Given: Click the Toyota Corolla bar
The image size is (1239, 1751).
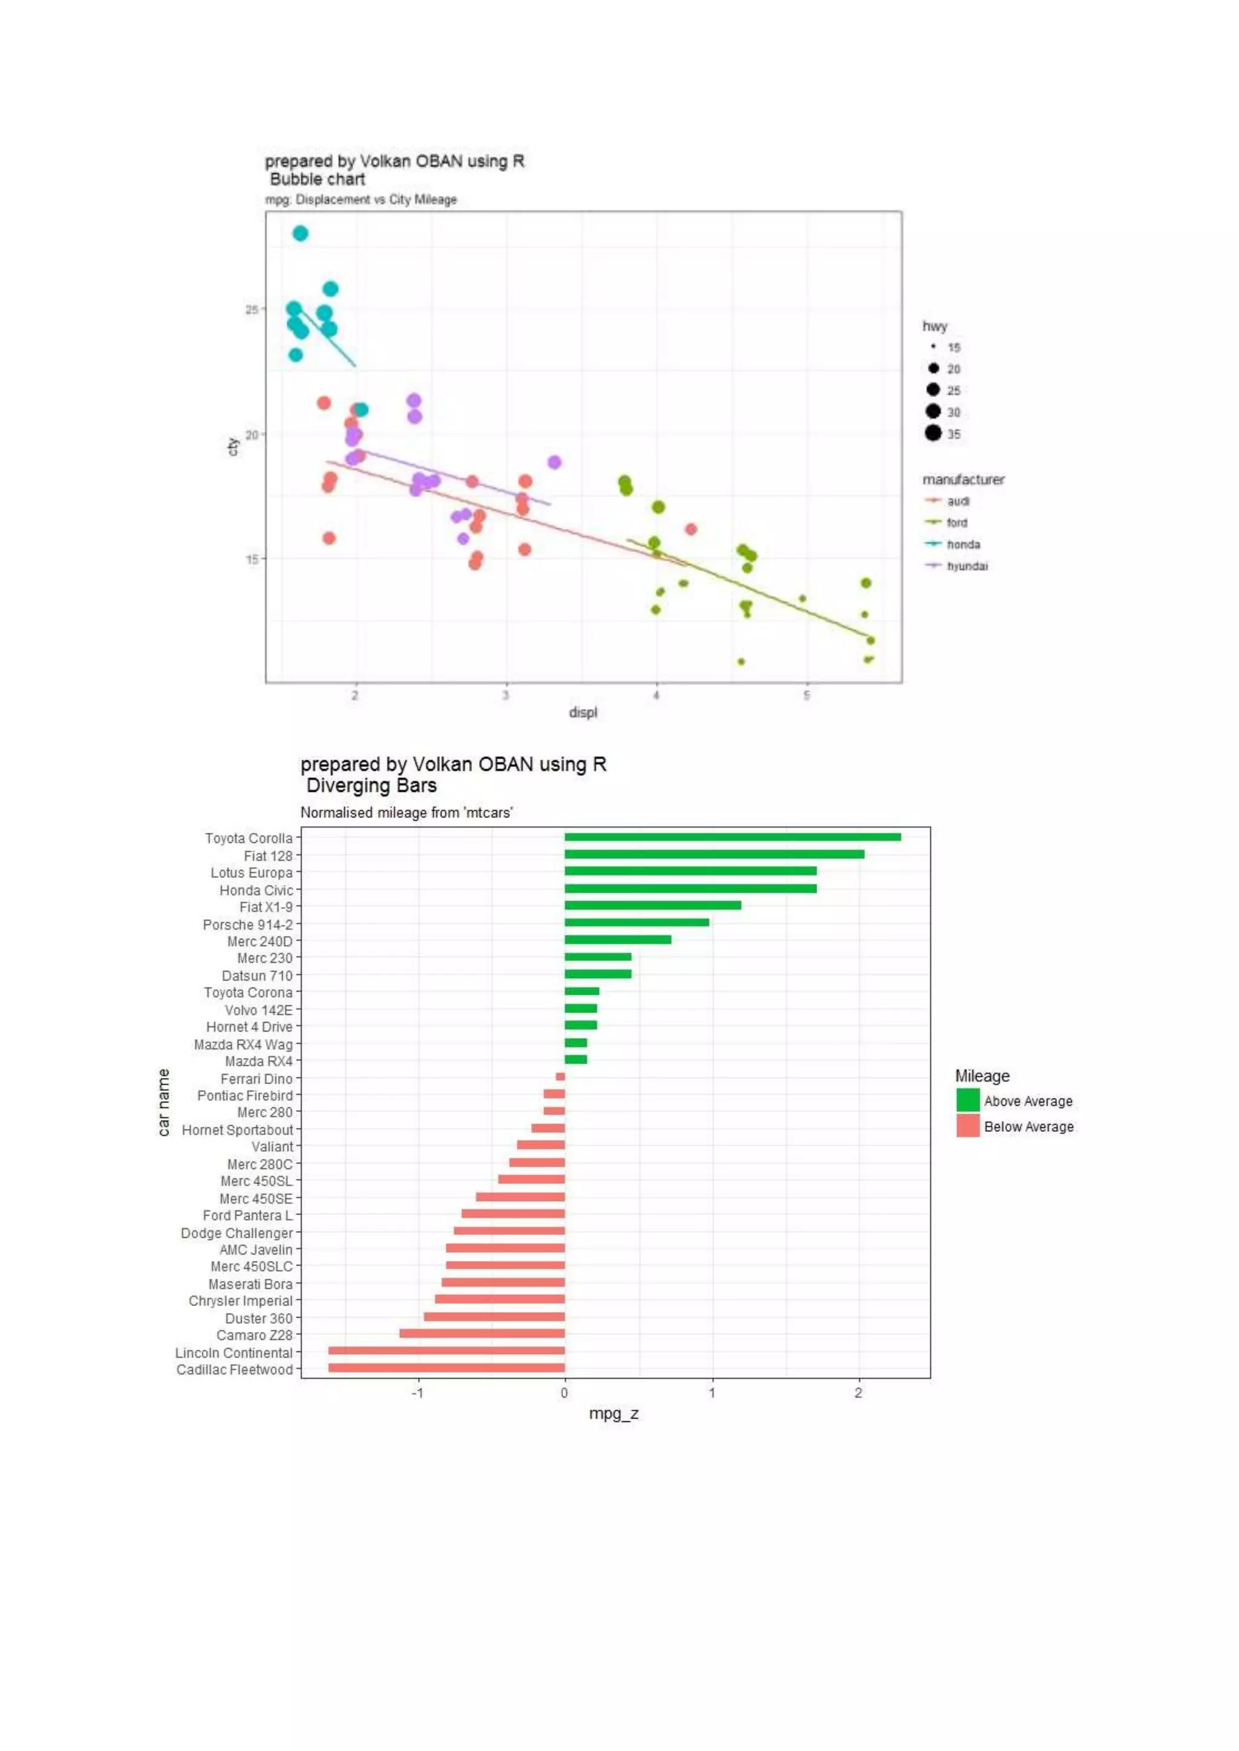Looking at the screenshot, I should [x=733, y=837].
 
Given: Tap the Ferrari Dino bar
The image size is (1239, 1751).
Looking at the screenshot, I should [x=561, y=1077].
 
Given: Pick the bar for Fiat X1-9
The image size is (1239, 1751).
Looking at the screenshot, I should [x=652, y=905].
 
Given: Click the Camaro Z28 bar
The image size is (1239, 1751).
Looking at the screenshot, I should [x=482, y=1334].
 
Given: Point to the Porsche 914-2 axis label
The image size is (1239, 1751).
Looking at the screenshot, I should [x=247, y=924].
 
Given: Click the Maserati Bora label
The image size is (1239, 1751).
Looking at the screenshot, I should [x=250, y=1284].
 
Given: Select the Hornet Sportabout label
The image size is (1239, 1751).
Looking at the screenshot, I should [x=237, y=1129].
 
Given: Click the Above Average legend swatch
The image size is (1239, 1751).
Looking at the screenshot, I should [x=968, y=1100].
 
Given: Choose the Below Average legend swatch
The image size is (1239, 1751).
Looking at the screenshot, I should [x=968, y=1126].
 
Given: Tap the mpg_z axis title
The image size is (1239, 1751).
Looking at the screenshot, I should [x=613, y=1413].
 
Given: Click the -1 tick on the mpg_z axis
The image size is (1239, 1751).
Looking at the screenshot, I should [x=417, y=1392].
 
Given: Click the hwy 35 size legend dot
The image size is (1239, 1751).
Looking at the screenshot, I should [x=933, y=433].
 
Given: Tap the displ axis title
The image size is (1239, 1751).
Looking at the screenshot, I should [x=583, y=712].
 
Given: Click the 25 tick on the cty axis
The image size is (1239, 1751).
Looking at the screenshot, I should [x=252, y=310].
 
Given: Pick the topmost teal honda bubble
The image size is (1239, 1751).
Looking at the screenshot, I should [x=301, y=233].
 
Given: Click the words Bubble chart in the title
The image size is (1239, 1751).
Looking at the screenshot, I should [x=318, y=179].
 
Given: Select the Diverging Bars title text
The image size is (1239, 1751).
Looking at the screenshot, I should [x=371, y=785].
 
